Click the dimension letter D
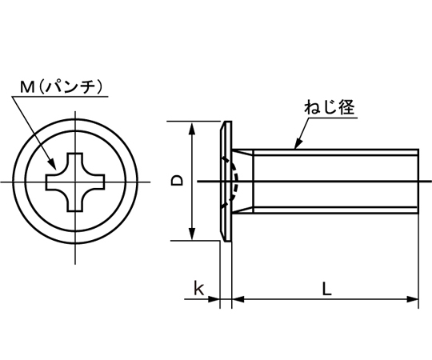tap(177, 181)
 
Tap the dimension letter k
tap(198, 288)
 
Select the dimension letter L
tap(326, 289)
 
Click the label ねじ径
tap(330, 107)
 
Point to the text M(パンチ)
tap(62, 86)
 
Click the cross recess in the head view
tap(75, 182)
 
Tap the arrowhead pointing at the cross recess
tap(52, 164)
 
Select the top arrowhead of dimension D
tap(192, 129)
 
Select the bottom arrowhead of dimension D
tap(192, 234)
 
